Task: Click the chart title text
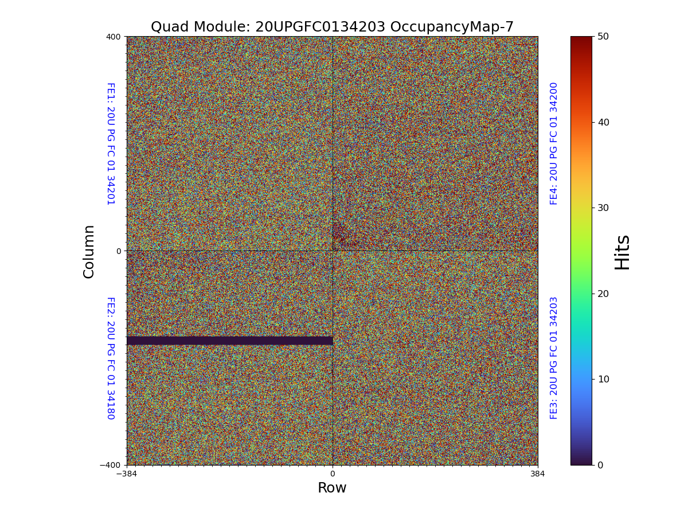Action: coord(332,27)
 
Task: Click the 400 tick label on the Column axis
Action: coord(114,37)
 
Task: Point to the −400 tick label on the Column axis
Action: coord(111,465)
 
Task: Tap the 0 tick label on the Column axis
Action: coord(119,251)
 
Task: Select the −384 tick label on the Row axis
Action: coord(127,474)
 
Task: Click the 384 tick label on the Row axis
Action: coord(537,474)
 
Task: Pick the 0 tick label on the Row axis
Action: coord(332,474)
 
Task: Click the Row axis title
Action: coord(332,488)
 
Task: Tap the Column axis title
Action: coord(89,251)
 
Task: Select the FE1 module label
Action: coord(110,143)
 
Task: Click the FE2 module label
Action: coord(110,358)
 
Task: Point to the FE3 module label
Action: coord(554,358)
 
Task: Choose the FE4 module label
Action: coord(554,143)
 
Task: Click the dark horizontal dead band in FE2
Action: coord(229,341)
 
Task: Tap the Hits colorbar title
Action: coord(622,252)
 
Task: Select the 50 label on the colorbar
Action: coord(603,36)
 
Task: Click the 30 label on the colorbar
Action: coord(603,208)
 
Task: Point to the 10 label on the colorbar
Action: coord(603,379)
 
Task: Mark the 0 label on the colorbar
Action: coord(600,465)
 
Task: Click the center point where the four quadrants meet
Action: coord(333,251)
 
